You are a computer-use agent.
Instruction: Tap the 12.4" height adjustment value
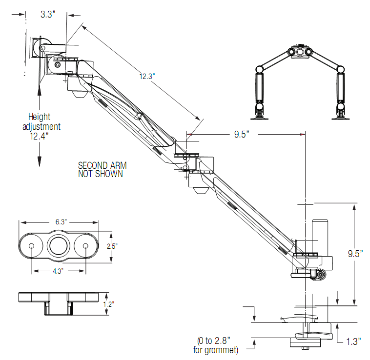(39, 137)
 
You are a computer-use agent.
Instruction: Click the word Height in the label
(40, 117)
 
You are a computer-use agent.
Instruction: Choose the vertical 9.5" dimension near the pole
(355, 254)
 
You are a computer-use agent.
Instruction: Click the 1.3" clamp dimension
(352, 341)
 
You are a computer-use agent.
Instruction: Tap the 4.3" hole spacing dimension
(60, 271)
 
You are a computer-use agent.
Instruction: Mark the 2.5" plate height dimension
(111, 246)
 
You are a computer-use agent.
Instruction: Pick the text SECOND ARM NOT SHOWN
(101, 169)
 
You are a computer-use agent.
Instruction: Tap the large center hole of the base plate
(59, 246)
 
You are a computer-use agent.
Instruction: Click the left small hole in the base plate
(32, 246)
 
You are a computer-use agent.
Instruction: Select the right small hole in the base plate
(86, 246)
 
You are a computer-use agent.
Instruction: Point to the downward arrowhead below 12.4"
(40, 163)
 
